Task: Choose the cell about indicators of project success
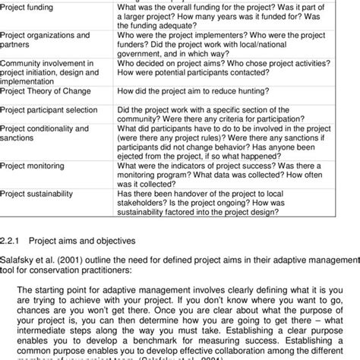229,172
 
